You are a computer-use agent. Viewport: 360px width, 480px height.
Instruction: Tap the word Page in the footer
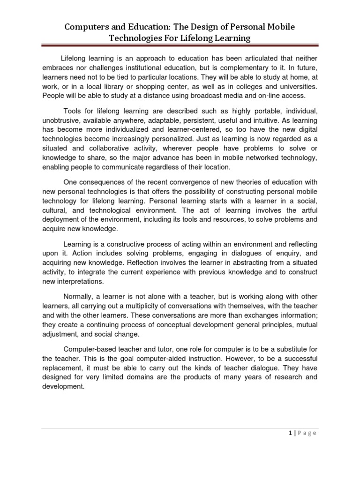click(308, 433)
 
